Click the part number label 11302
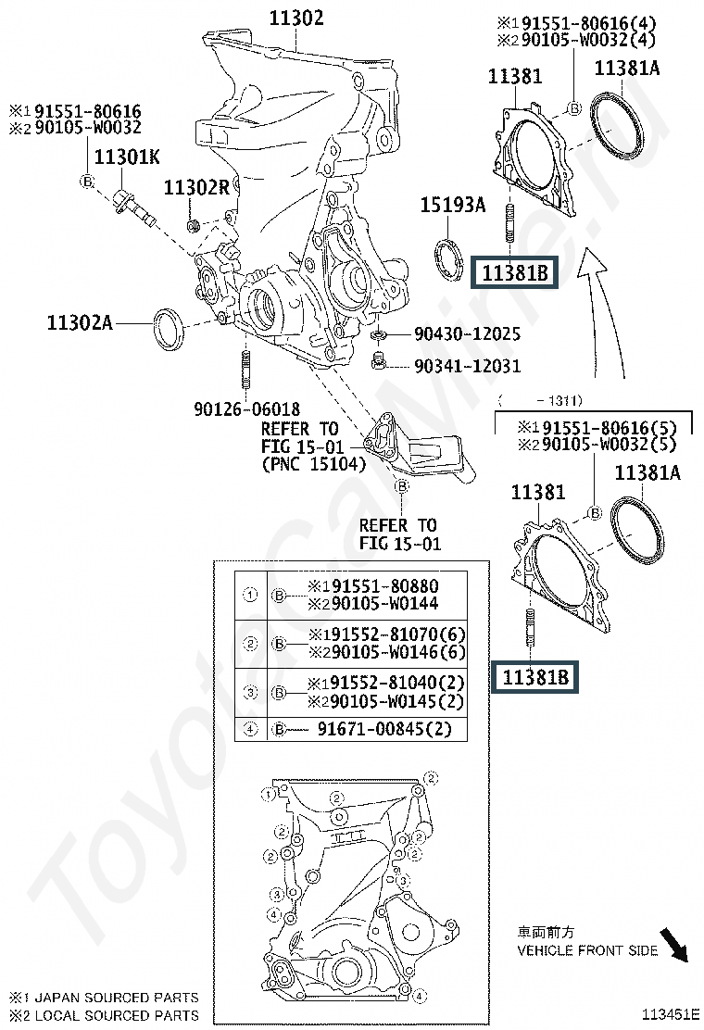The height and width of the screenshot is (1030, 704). click(296, 18)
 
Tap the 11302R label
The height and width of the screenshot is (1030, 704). click(195, 188)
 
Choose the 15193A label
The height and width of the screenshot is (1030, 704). click(453, 206)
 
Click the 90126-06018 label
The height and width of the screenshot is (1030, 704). click(246, 408)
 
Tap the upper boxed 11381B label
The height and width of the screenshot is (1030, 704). click(515, 273)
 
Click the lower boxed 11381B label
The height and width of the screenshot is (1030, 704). click(535, 678)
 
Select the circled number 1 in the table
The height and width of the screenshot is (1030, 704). click(249, 596)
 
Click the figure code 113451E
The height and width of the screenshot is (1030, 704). click(671, 1014)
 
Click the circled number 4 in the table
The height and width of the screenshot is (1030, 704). click(249, 729)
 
